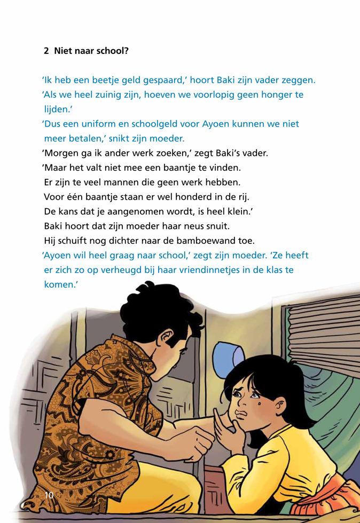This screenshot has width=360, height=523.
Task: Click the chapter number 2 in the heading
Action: click(46, 51)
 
